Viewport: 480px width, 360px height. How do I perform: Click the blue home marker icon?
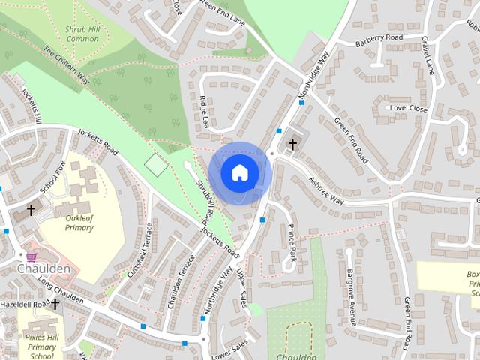click(x=238, y=172)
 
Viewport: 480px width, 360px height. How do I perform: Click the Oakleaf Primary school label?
click(x=79, y=222)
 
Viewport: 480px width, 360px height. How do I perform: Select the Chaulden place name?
click(x=45, y=268)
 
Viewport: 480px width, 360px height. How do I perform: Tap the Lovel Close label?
click(x=408, y=109)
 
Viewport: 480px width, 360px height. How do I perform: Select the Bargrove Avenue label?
click(x=349, y=297)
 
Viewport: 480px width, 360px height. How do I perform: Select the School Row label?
click(x=53, y=178)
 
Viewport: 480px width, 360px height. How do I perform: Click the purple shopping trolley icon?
click(x=31, y=256)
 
